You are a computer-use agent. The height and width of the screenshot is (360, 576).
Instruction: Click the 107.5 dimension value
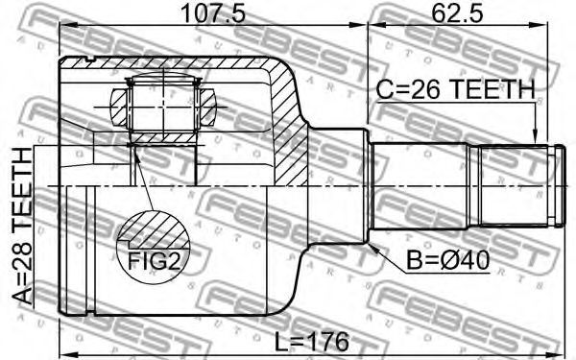click(x=213, y=13)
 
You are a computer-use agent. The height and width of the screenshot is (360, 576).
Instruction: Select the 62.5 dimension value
click(x=457, y=13)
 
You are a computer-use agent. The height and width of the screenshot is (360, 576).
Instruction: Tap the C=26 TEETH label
click(x=456, y=89)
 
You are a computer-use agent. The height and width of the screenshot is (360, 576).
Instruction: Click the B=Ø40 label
click(x=447, y=261)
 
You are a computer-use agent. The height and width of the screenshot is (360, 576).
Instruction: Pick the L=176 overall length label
click(x=312, y=342)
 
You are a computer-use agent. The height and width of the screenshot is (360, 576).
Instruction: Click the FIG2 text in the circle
click(x=154, y=261)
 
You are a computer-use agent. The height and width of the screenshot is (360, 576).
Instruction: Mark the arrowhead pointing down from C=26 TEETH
click(x=535, y=137)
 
